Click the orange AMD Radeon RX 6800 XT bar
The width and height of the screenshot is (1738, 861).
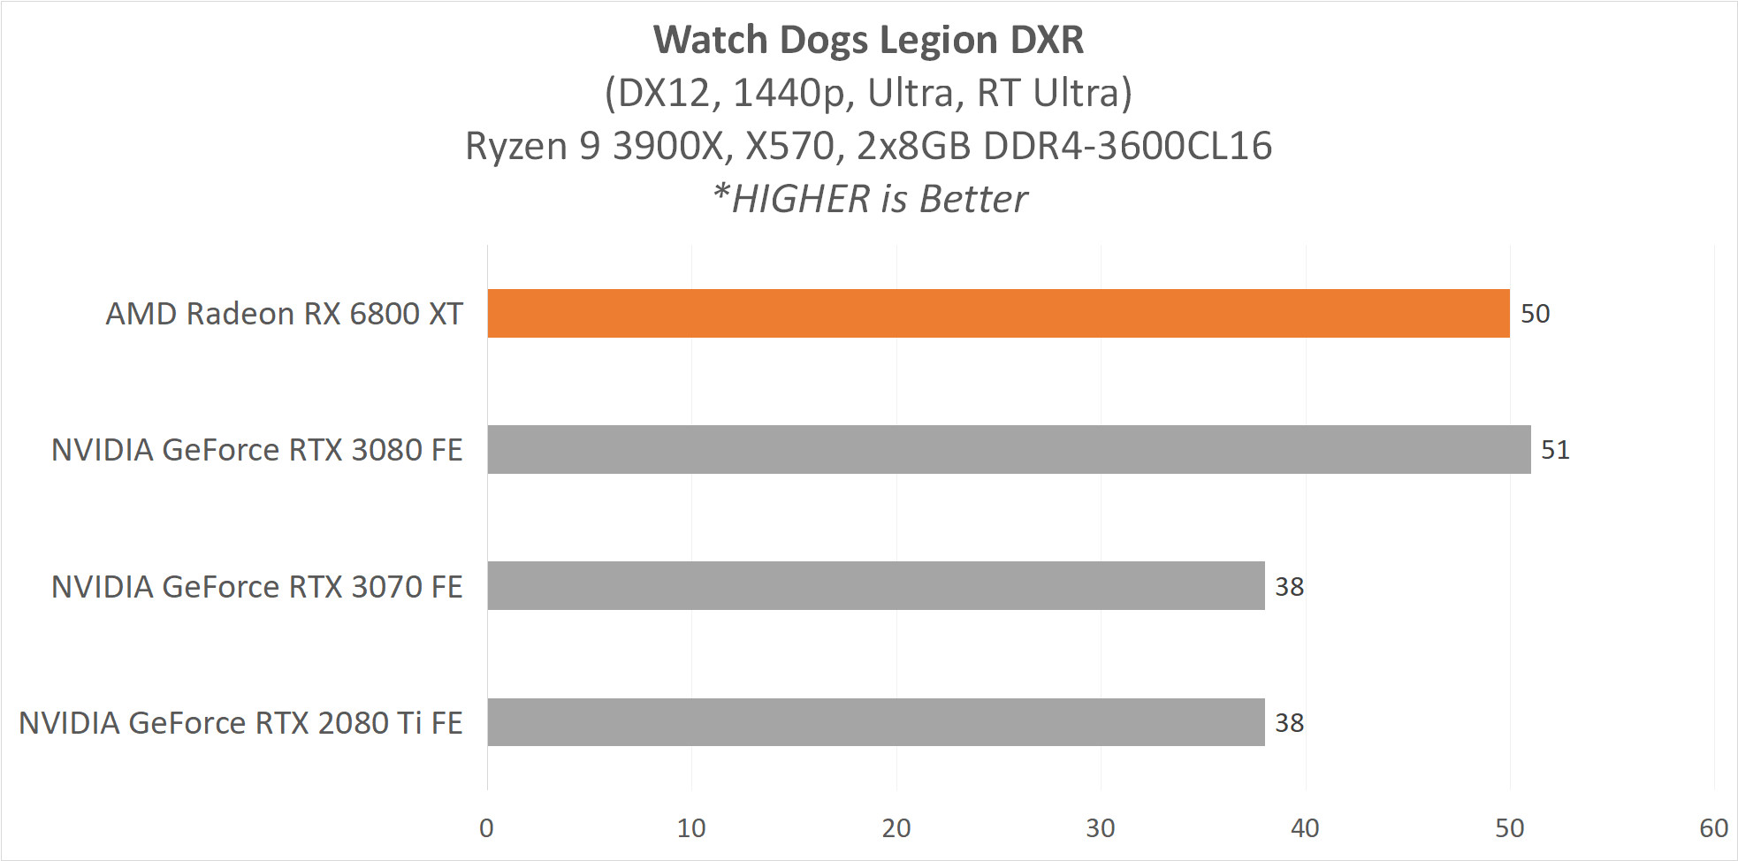(x=998, y=313)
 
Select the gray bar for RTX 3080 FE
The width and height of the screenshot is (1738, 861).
(x=1009, y=449)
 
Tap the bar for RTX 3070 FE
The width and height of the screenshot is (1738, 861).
(x=875, y=585)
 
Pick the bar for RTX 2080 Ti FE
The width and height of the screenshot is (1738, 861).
(x=875, y=722)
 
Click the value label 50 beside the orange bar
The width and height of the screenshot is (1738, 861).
(x=1535, y=314)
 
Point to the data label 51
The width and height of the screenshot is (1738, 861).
(x=1555, y=450)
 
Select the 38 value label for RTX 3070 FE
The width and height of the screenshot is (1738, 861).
(x=1289, y=587)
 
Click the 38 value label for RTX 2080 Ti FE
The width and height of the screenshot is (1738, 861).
(x=1289, y=723)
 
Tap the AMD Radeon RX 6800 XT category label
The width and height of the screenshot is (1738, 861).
(x=284, y=314)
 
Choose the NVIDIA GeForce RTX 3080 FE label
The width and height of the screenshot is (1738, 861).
(x=256, y=450)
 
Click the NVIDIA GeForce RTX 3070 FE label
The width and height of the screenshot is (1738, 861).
(x=256, y=587)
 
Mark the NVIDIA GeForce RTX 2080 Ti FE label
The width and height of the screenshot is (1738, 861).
(x=240, y=723)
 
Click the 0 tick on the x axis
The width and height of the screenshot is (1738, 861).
(x=486, y=828)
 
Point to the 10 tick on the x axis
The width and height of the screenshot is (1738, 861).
(x=691, y=828)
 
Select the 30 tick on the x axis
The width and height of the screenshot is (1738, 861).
(x=1101, y=828)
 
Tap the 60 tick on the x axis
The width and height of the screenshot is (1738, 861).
(x=1713, y=828)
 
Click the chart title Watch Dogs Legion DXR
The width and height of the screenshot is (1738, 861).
(x=868, y=40)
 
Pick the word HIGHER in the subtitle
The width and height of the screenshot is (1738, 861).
(x=801, y=199)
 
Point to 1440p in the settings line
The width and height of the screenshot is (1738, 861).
(x=789, y=93)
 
